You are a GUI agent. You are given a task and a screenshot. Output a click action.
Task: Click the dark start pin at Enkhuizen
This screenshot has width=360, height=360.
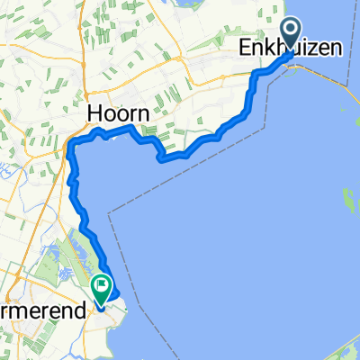coord(293,30)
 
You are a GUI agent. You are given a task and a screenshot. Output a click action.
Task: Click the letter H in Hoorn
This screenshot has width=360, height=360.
coord(94,114)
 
